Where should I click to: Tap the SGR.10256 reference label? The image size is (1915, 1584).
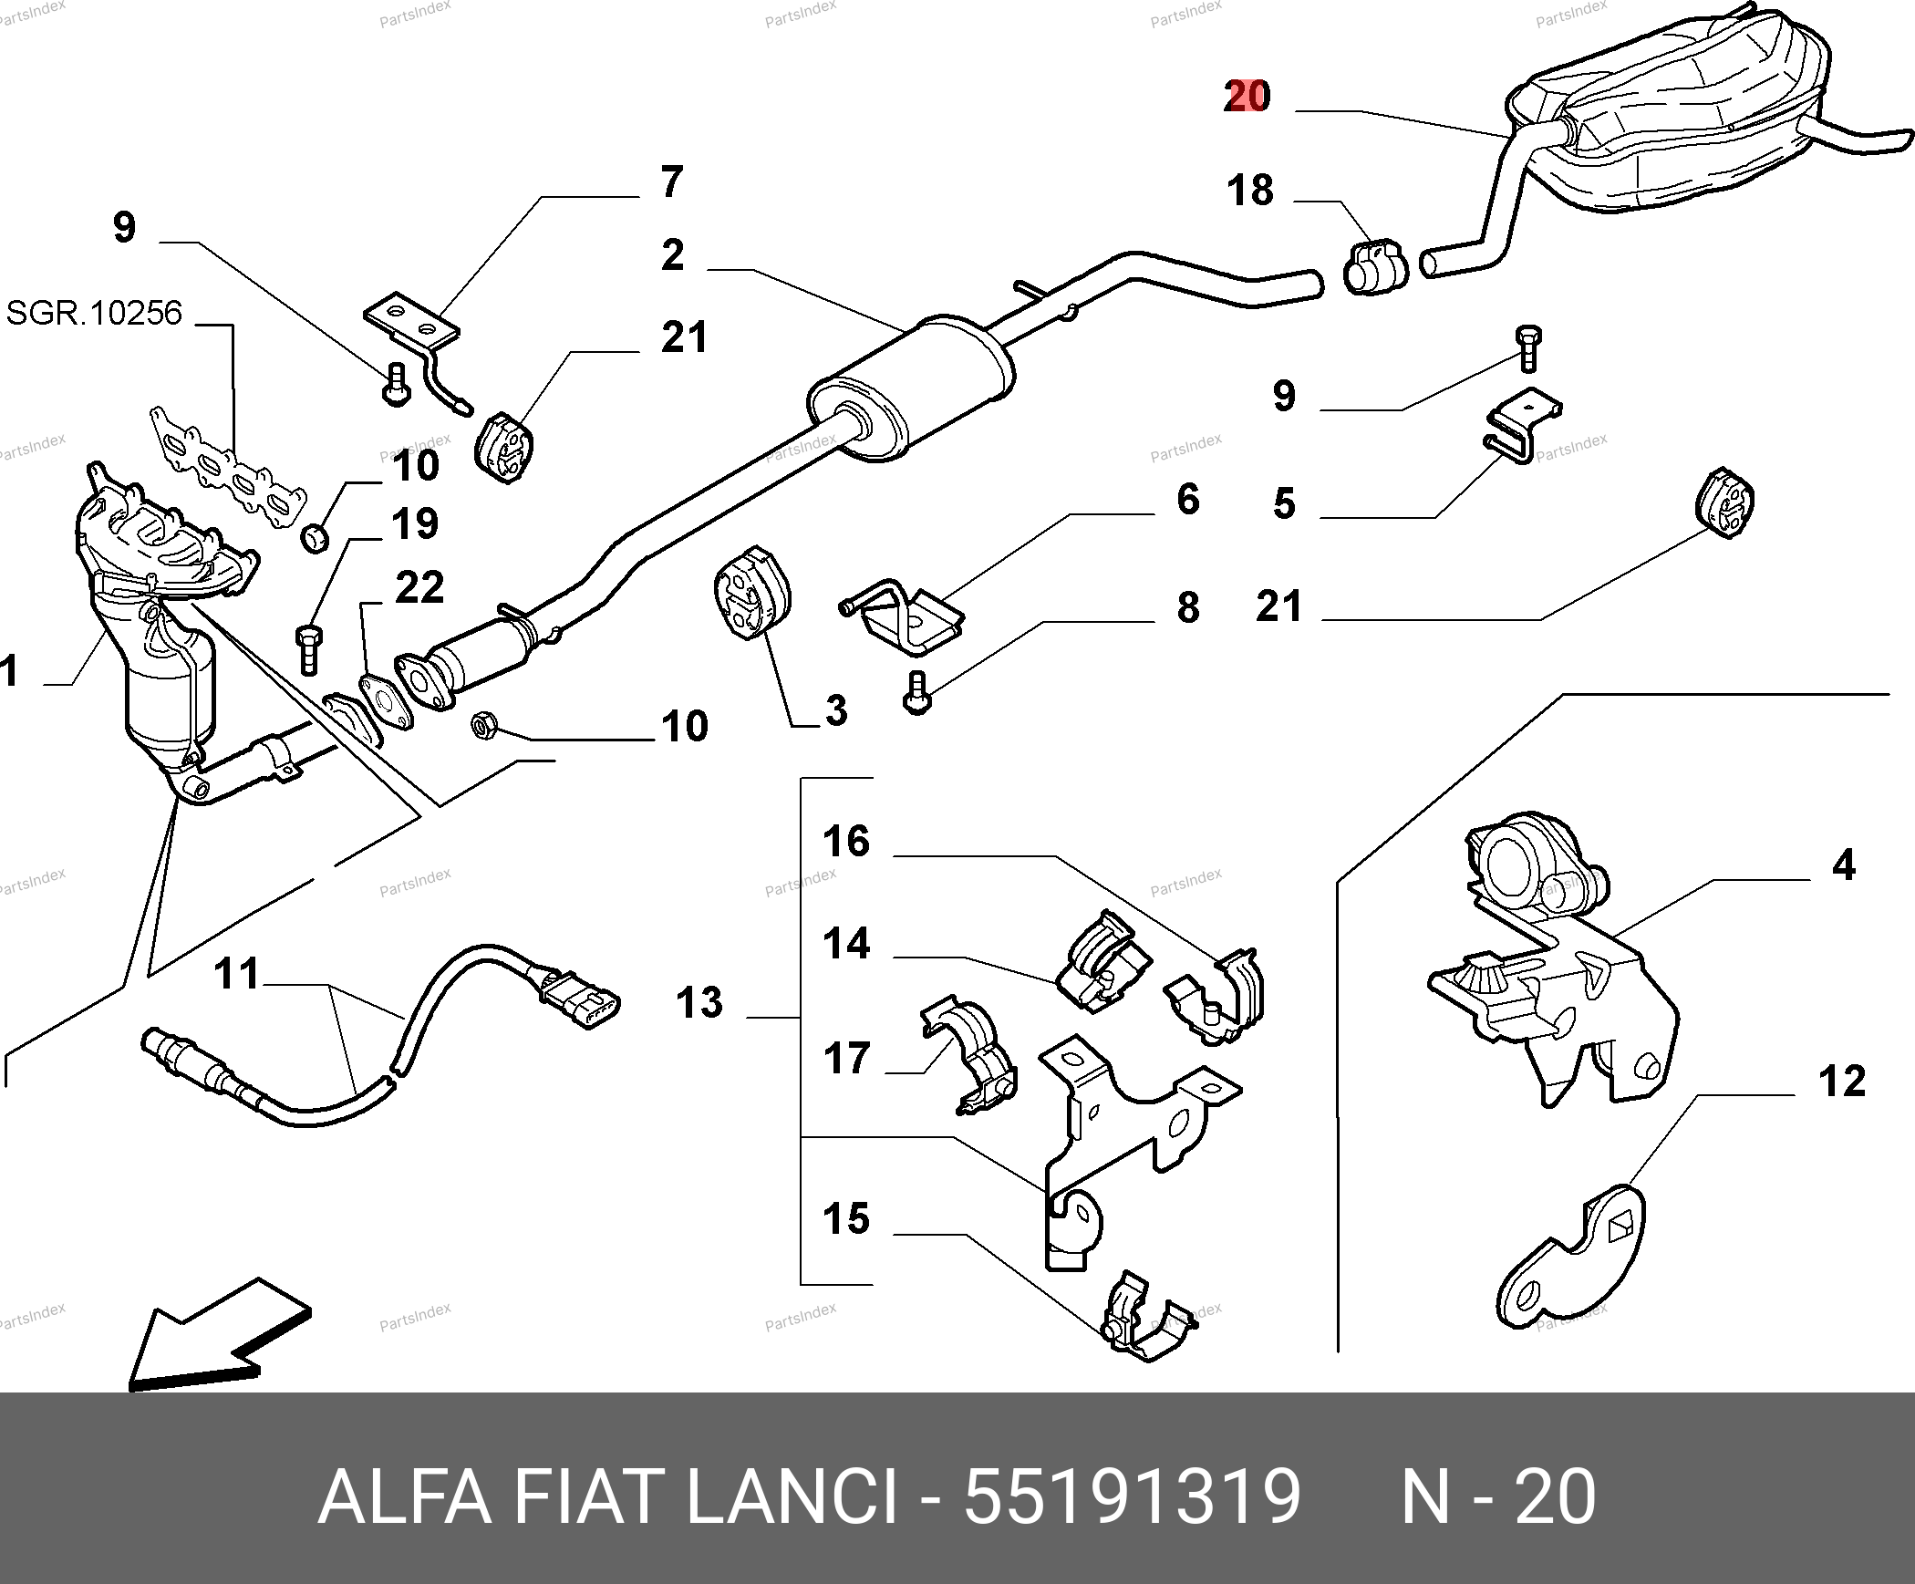tap(94, 314)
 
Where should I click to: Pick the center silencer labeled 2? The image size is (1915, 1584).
tap(912, 388)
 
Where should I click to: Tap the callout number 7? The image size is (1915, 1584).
tap(671, 182)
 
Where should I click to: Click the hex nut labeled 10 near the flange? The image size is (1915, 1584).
tap(482, 726)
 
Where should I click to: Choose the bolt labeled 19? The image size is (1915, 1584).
tap(308, 648)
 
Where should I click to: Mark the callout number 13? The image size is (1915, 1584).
tap(699, 1003)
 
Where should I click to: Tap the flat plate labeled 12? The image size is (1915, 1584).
tap(1572, 1263)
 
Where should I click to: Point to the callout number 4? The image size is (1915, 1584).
tap(1843, 864)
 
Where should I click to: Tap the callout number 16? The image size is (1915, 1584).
tap(846, 842)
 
